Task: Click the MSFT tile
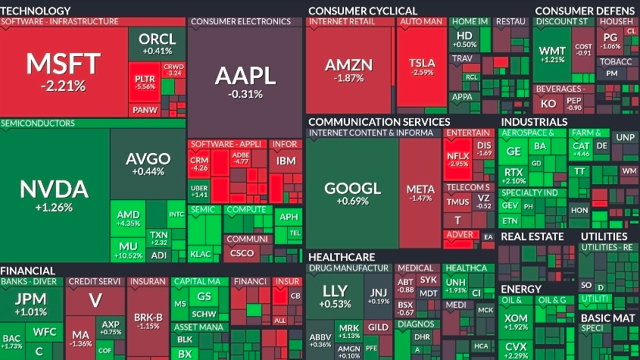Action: click(64, 70)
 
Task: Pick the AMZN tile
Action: click(349, 70)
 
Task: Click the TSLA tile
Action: click(421, 67)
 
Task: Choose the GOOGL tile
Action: click(352, 193)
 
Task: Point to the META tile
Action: click(420, 193)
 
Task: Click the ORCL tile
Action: click(158, 43)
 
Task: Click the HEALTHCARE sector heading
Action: click(342, 257)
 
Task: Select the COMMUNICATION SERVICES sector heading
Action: click(379, 121)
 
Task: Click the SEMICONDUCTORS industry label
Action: click(38, 123)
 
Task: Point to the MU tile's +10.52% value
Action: click(126, 255)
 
